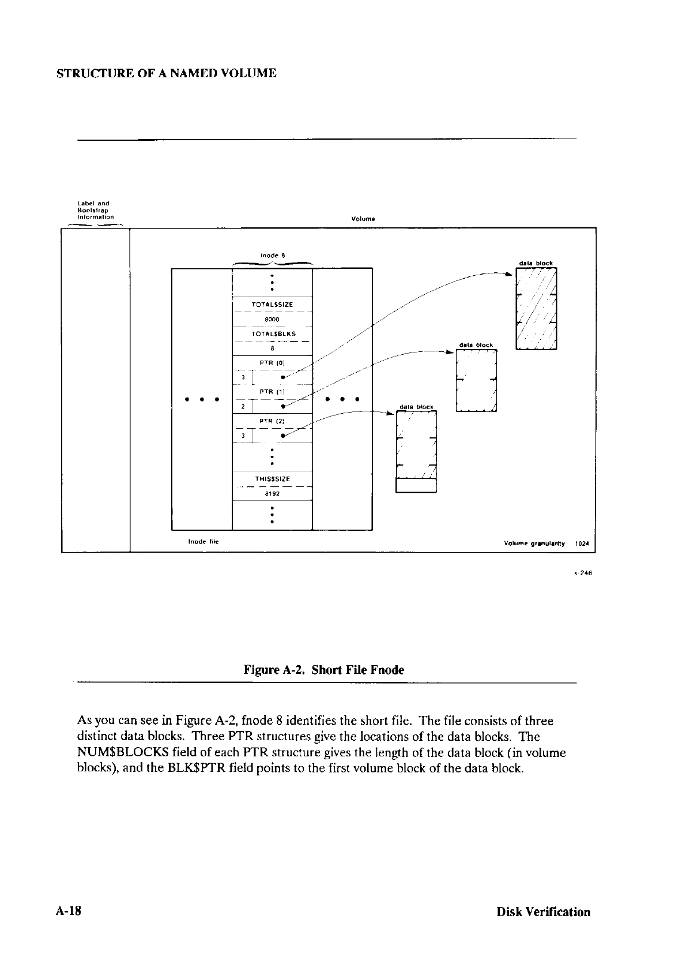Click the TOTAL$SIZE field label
[273, 304]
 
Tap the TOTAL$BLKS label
[273, 333]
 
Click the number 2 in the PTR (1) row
[244, 406]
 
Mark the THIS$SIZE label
[273, 479]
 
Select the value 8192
[273, 493]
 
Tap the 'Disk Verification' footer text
[544, 912]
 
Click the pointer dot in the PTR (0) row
[281, 377]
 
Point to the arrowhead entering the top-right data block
[508, 275]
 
